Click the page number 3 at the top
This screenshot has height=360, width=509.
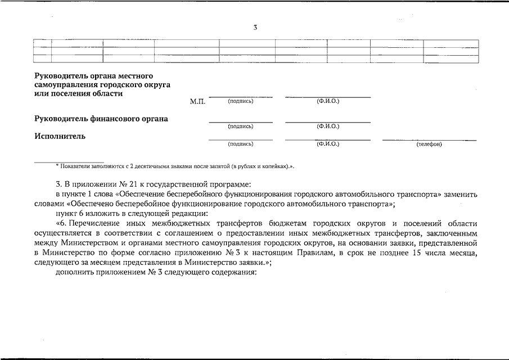255,27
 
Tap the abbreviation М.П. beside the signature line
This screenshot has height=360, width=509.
198,102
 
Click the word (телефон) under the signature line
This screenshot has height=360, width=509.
429,145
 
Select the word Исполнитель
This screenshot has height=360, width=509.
60,136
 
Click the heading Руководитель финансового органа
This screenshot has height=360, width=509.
101,119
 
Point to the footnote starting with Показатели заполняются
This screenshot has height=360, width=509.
175,166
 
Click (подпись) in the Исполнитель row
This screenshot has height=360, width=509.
241,144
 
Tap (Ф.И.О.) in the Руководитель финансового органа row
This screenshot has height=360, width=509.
328,127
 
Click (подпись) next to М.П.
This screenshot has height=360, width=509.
241,101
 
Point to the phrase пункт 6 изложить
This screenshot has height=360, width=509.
84,213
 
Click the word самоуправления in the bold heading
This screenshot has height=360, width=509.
64,84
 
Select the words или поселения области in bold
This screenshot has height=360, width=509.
78,93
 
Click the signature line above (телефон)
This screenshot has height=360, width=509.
429,139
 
